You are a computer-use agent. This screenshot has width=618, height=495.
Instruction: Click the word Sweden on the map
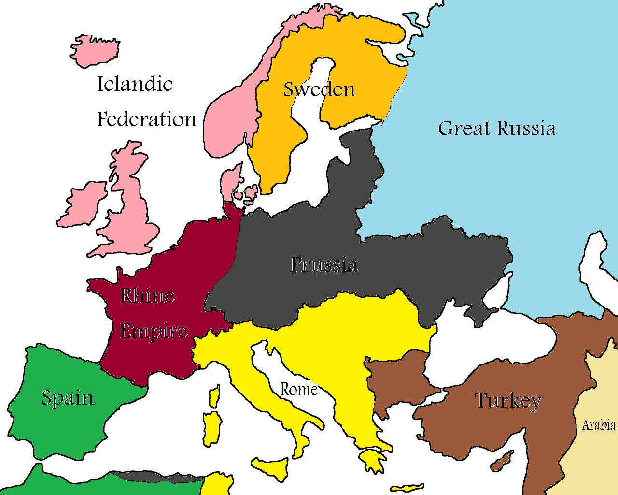319,89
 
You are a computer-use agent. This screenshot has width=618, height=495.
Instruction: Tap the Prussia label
324,264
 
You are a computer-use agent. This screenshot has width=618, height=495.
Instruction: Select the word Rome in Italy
299,389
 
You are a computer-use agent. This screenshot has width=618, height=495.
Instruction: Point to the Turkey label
508,401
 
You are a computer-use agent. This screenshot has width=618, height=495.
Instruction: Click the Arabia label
599,425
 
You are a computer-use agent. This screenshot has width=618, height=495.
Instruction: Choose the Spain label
68,398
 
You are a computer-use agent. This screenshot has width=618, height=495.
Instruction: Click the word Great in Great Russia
464,129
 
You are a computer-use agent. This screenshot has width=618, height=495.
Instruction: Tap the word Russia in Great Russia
526,129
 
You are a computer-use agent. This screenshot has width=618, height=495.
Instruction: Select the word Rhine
147,295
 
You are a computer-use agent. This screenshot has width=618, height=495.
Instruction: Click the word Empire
154,331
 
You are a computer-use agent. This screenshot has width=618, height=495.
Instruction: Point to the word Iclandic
135,84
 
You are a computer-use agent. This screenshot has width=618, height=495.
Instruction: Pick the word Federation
147,119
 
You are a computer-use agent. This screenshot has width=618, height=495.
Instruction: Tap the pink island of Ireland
82,205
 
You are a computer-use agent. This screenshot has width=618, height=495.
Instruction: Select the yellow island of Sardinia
211,428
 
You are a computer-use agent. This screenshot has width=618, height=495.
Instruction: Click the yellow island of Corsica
214,396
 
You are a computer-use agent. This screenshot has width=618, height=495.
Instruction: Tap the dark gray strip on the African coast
154,478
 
